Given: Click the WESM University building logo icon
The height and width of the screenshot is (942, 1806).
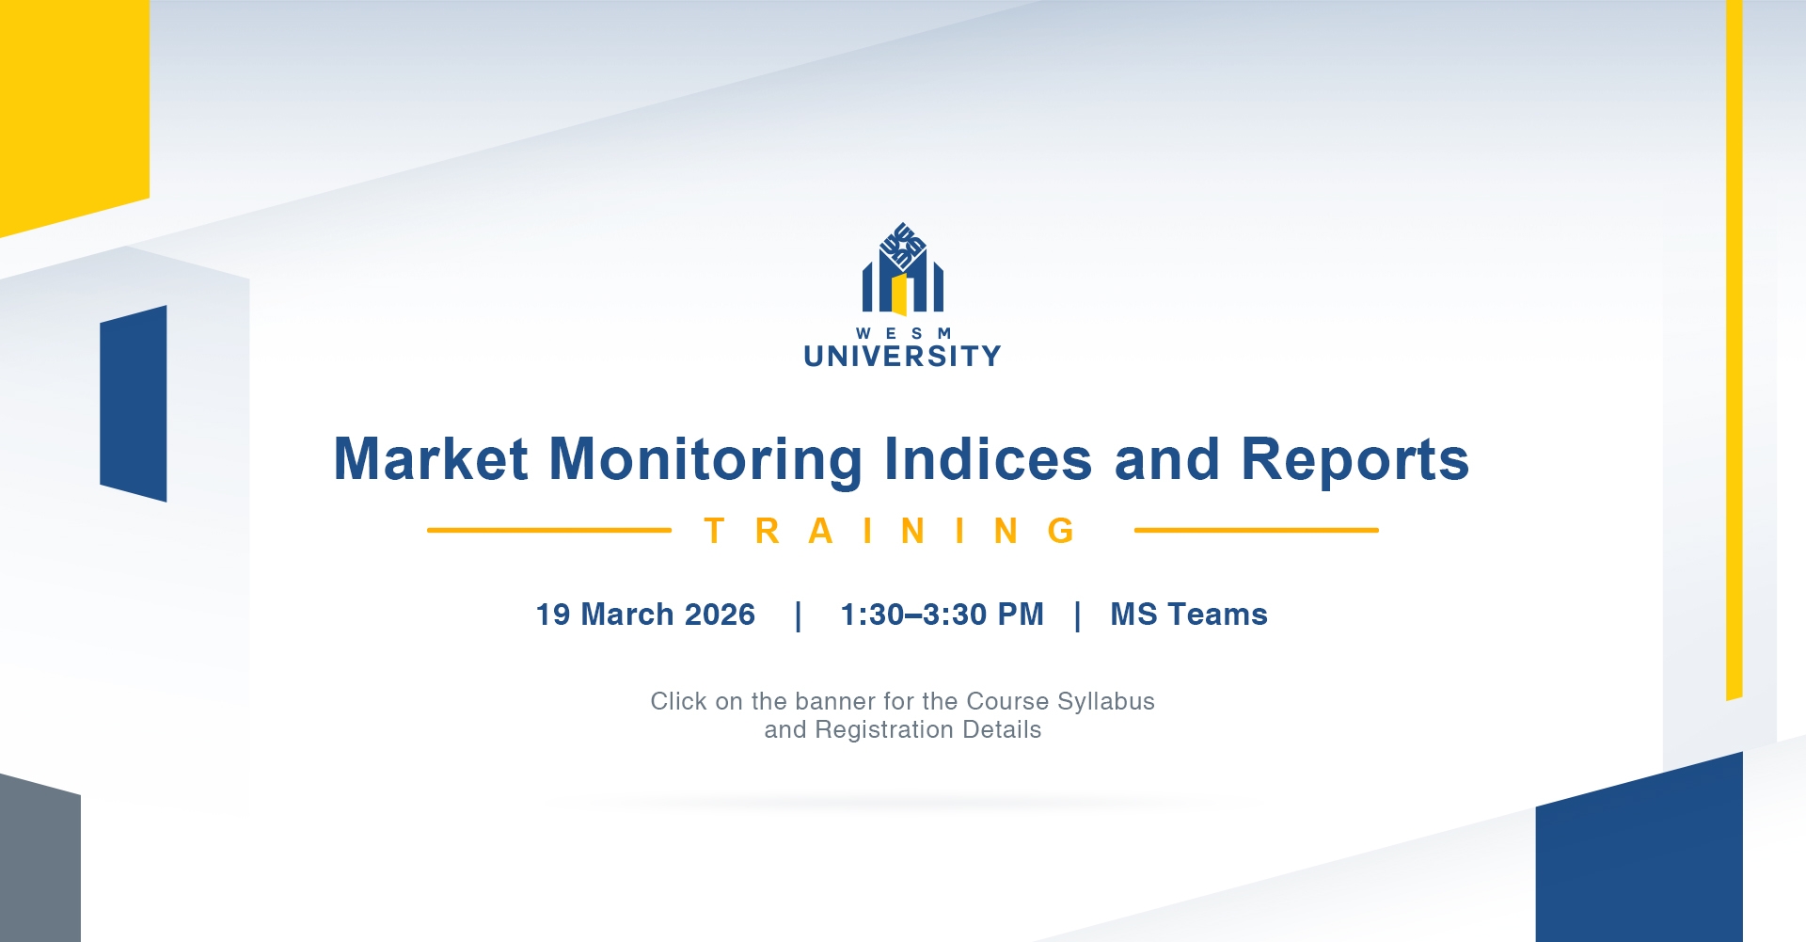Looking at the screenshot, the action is pyautogui.click(x=903, y=269).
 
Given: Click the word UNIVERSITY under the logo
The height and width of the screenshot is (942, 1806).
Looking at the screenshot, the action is pyautogui.click(x=903, y=356).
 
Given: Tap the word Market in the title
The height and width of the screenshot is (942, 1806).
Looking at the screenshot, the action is pyautogui.click(x=431, y=459).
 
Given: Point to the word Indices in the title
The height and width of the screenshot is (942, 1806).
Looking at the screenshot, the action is pyautogui.click(x=989, y=459).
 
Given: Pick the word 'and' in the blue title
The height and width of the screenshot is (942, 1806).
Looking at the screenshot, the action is pyautogui.click(x=1167, y=459).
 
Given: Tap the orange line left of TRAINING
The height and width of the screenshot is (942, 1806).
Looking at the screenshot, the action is pyautogui.click(x=549, y=530).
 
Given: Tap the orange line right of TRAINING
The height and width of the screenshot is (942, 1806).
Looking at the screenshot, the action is pyautogui.click(x=1257, y=530).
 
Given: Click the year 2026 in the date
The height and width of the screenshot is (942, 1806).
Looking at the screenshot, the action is pyautogui.click(x=720, y=615).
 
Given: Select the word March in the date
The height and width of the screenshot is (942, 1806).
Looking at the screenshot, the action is pyautogui.click(x=627, y=615).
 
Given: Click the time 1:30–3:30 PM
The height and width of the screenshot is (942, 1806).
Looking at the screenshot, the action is pyautogui.click(x=943, y=615).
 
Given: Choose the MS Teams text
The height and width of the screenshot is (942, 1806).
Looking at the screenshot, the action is pyautogui.click(x=1189, y=615).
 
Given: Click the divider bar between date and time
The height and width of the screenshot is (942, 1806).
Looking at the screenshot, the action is pyautogui.click(x=799, y=616).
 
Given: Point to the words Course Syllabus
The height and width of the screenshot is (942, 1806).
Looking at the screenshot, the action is pyautogui.click(x=1061, y=701).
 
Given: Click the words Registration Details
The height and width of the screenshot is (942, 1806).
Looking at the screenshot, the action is pyautogui.click(x=928, y=729).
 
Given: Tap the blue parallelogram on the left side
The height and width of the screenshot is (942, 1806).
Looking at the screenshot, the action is pyautogui.click(x=134, y=404).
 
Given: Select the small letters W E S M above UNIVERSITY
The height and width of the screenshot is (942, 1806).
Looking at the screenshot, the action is pyautogui.click(x=903, y=333).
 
